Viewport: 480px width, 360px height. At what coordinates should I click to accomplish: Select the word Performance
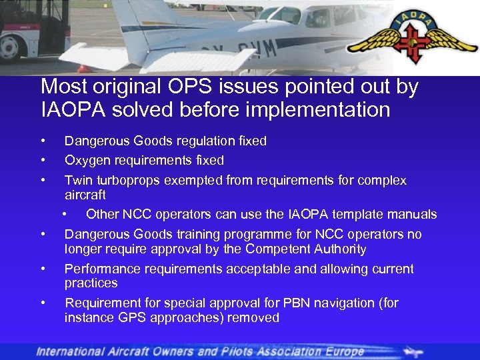point(100,269)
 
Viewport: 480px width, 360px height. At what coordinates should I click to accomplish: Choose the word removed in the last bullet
point(253,318)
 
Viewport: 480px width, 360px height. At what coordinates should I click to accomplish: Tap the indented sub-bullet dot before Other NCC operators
point(65,215)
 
